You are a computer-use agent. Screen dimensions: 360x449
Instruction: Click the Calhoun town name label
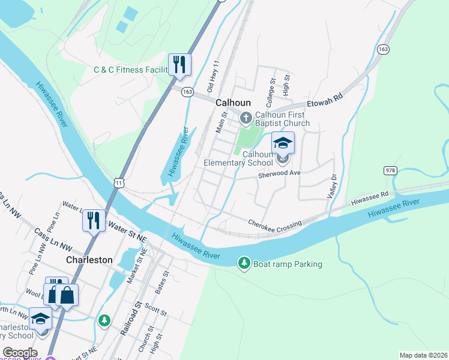[233, 103]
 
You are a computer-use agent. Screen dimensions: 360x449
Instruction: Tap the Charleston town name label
[88, 260]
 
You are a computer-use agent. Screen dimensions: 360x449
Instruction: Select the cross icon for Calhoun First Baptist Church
[246, 116]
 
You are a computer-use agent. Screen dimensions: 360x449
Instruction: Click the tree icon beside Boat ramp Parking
[244, 263]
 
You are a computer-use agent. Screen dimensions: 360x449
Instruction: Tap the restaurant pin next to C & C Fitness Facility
[179, 64]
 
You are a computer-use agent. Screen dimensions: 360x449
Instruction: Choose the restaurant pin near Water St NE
[94, 220]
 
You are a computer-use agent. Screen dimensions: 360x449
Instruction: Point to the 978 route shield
[390, 171]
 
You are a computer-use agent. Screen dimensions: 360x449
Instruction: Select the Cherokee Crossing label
[275, 223]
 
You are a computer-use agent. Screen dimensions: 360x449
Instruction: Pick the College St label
[272, 88]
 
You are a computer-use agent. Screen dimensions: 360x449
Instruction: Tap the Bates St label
[160, 282]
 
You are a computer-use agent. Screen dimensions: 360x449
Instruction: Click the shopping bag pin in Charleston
[67, 295]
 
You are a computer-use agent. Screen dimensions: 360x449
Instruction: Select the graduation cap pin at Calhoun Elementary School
[283, 143]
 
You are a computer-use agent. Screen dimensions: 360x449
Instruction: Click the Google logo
[20, 352]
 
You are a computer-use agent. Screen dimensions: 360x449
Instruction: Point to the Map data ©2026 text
[423, 355]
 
